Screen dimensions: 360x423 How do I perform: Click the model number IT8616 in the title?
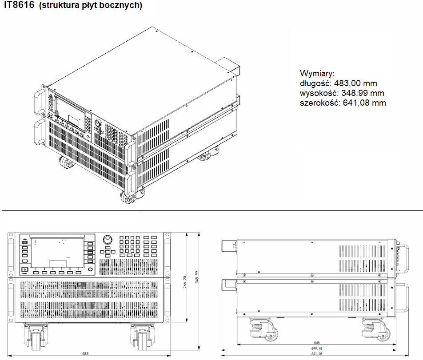tap(19, 6)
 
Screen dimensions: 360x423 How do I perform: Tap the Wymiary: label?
tap(317, 73)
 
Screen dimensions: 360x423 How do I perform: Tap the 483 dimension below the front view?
tap(85, 353)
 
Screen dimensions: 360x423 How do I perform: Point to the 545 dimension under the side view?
tap(317, 343)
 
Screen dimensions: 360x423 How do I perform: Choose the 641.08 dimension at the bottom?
tap(317, 354)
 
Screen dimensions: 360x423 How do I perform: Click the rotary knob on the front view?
tap(107, 240)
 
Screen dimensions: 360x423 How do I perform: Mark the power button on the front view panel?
tap(25, 270)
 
